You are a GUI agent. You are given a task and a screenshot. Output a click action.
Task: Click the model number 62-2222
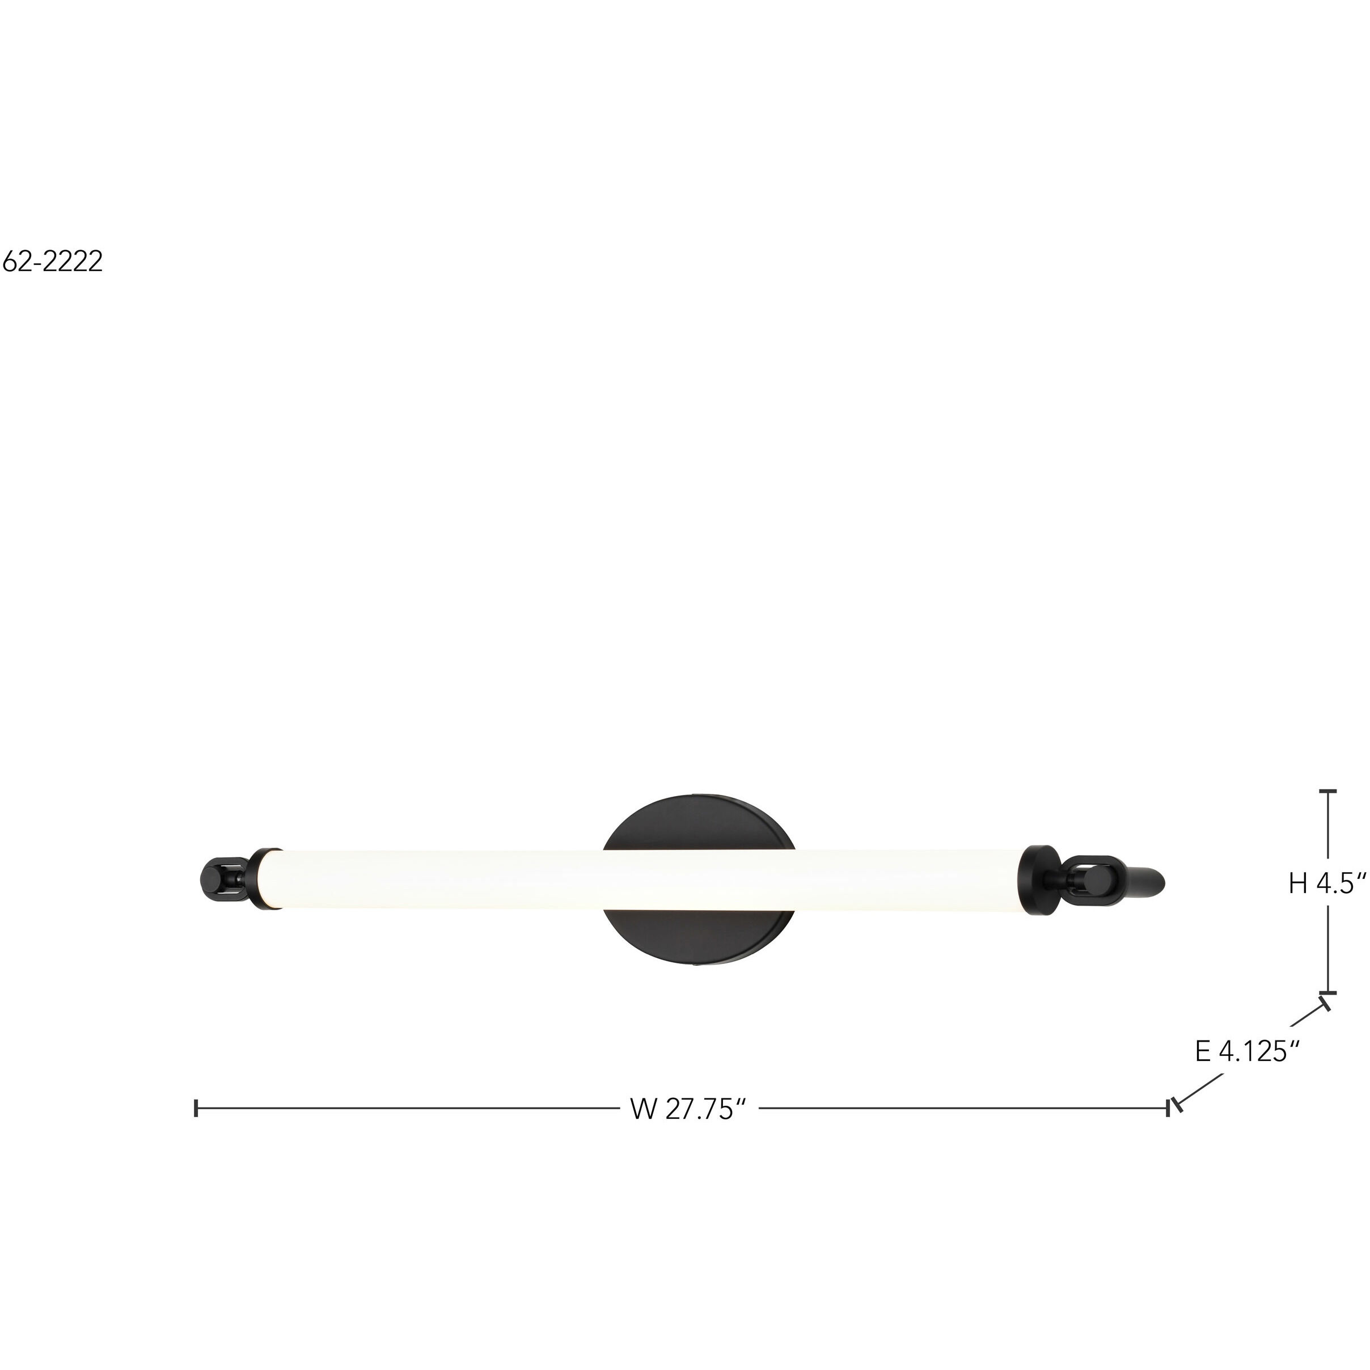point(53,261)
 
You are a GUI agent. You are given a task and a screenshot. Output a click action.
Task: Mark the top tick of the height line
point(1327,790)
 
